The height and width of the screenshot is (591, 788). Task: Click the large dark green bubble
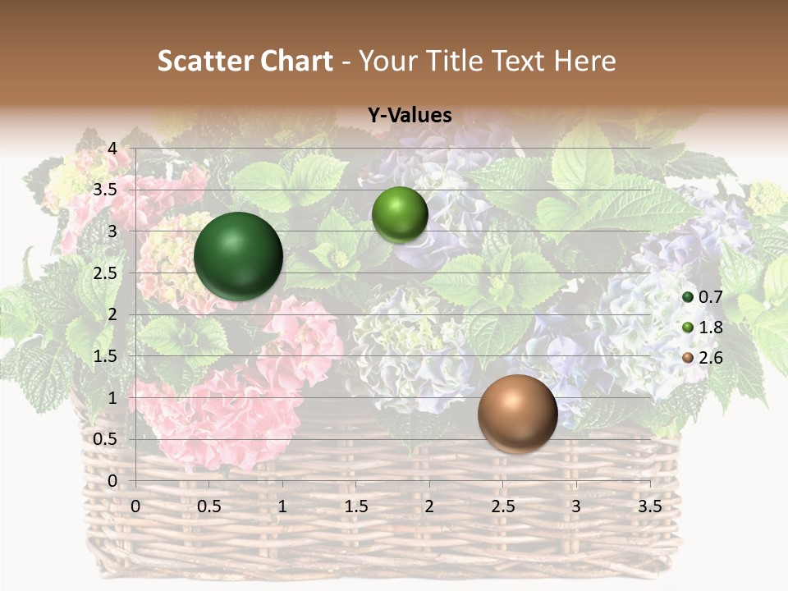click(239, 256)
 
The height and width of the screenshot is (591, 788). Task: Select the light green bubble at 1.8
click(400, 214)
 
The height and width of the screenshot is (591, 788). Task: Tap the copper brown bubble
click(517, 415)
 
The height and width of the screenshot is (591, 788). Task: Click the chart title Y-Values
click(410, 116)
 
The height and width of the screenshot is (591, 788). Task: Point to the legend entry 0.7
click(702, 297)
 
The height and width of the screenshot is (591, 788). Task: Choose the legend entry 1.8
click(702, 328)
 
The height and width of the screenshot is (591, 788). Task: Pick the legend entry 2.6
click(702, 358)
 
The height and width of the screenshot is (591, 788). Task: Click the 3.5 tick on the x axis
click(649, 506)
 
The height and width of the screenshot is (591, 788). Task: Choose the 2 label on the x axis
click(428, 506)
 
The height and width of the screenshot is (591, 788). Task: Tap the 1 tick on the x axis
click(282, 506)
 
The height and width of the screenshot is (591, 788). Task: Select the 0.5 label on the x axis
click(209, 506)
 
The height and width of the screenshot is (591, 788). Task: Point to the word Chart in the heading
click(297, 61)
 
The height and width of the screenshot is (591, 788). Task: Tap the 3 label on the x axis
click(575, 506)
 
